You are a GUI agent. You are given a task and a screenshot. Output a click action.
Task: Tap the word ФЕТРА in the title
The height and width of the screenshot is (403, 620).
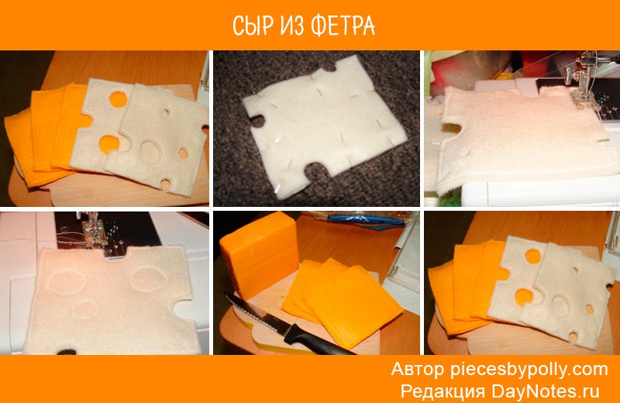click(343, 26)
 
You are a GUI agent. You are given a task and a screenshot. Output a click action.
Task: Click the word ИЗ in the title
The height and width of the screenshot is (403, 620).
click(292, 26)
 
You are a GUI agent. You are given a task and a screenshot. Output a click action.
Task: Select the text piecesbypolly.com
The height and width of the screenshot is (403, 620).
click(529, 370)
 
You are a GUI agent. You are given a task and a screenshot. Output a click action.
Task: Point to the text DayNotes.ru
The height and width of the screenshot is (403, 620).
click(546, 391)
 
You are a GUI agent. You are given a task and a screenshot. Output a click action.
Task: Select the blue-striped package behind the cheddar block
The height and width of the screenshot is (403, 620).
click(363, 219)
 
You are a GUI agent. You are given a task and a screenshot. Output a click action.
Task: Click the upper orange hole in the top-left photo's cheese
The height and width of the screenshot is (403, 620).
click(119, 99)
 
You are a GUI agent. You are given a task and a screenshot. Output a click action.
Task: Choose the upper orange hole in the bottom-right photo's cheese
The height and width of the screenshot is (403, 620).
click(533, 256)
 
